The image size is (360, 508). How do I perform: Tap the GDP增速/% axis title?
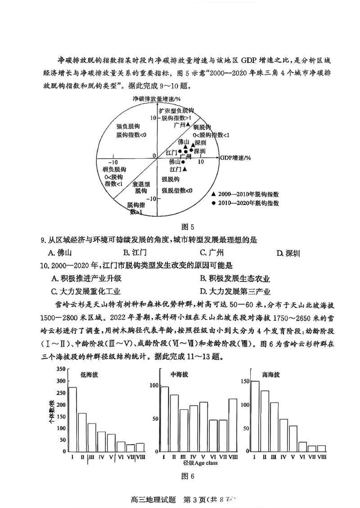235,158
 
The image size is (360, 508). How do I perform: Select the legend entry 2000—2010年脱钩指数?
245,194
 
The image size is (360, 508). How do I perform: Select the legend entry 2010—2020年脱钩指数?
245,203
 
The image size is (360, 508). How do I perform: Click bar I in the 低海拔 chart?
72,419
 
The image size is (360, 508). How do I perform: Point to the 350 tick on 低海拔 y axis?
60,370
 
